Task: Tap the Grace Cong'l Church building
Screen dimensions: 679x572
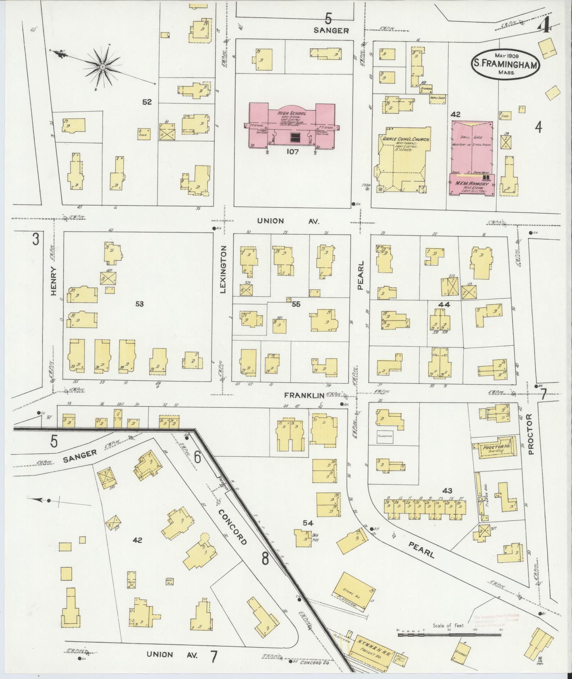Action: point(402,160)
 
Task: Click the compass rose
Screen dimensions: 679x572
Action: point(102,67)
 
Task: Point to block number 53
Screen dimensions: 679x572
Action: point(139,304)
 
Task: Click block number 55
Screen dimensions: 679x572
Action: point(296,304)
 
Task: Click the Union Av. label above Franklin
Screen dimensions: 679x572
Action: point(288,221)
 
